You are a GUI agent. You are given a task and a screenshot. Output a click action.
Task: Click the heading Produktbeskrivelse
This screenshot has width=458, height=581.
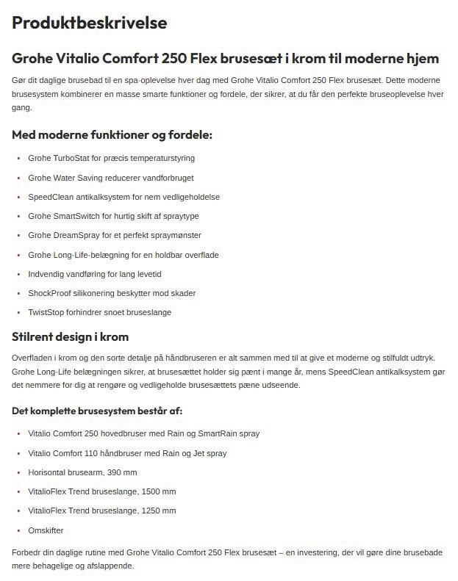90,23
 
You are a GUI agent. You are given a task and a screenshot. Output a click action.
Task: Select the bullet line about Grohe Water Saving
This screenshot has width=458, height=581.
110,178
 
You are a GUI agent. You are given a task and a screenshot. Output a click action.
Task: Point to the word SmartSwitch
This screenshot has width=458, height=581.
78,216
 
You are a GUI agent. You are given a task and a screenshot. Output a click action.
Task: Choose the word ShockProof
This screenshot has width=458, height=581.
49,293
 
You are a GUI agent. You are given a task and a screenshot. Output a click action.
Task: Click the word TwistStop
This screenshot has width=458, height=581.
46,312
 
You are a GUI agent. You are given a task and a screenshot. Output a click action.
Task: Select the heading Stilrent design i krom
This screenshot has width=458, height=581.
71,337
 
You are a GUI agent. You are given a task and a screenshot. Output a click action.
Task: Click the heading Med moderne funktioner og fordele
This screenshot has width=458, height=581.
112,135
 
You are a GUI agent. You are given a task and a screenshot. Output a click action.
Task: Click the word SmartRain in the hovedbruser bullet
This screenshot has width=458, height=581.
217,433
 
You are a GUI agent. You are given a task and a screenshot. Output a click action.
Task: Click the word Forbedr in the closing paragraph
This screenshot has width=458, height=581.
26,552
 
